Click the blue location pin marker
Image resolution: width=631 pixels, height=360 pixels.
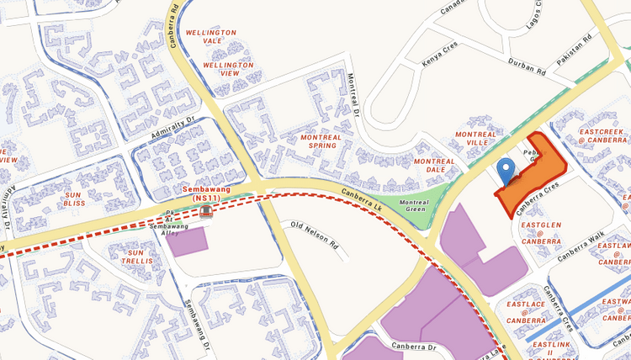506,171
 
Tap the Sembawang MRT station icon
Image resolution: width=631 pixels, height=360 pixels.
206,210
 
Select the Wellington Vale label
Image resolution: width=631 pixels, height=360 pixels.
210,38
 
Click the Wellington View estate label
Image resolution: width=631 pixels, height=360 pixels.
225,69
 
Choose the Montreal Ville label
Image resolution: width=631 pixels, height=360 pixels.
476,139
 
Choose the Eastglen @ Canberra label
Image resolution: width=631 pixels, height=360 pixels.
540,233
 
